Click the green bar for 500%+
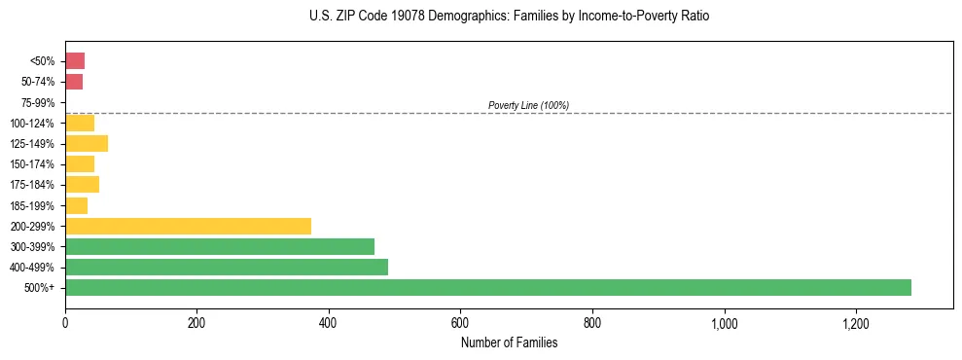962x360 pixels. coord(487,287)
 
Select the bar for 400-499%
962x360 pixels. coord(227,267)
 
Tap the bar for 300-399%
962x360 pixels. coord(220,246)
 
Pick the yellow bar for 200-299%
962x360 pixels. coord(188,226)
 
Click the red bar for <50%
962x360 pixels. coord(75,61)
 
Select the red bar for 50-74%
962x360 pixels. coord(74,82)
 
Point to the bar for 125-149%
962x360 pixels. coord(87,143)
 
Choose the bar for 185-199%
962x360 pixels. coord(76,205)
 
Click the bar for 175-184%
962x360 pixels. coord(82,185)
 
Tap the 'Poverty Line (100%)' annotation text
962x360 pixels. coord(528,105)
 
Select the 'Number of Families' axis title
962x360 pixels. coord(510,342)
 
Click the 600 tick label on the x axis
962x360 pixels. coord(460,321)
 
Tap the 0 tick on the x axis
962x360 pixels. coord(65,321)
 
